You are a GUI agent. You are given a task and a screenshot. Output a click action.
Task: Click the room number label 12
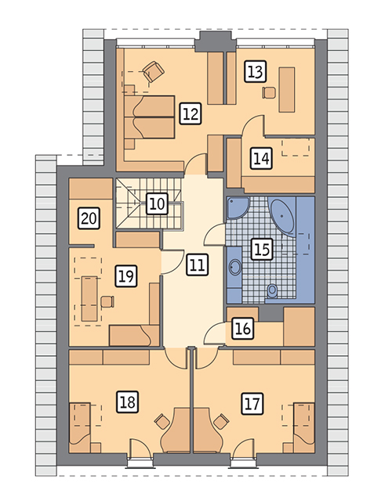[191, 113]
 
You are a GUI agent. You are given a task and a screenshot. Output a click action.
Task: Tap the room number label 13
[256, 71]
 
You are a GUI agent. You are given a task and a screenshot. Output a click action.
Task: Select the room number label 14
[261, 158]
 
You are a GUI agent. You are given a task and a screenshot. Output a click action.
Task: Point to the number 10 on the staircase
[157, 203]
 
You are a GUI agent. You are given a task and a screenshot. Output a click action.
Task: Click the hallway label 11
[197, 265]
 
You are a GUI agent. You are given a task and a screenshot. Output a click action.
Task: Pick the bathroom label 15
[262, 249]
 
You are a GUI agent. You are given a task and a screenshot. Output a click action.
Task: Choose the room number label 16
[243, 329]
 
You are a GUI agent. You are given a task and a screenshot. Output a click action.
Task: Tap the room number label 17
[252, 403]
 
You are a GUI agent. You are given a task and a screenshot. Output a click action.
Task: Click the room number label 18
[128, 401]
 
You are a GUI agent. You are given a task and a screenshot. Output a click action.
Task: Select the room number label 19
[126, 275]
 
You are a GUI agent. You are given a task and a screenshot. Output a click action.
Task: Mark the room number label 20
[89, 218]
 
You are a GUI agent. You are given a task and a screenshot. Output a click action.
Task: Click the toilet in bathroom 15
[273, 291]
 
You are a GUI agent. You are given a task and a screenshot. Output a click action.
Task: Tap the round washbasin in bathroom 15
[235, 267]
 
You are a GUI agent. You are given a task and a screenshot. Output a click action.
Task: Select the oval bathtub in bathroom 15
[282, 216]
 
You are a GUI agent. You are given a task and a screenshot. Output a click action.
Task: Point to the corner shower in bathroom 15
[238, 208]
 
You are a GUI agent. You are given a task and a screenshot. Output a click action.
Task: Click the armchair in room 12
[154, 72]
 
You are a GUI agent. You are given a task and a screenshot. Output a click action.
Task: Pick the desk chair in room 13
[269, 92]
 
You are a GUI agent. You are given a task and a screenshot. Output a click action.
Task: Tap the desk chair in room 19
[107, 302]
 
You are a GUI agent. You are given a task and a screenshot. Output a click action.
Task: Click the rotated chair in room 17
[222, 421]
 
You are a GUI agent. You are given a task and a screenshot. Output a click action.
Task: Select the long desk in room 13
[287, 90]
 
